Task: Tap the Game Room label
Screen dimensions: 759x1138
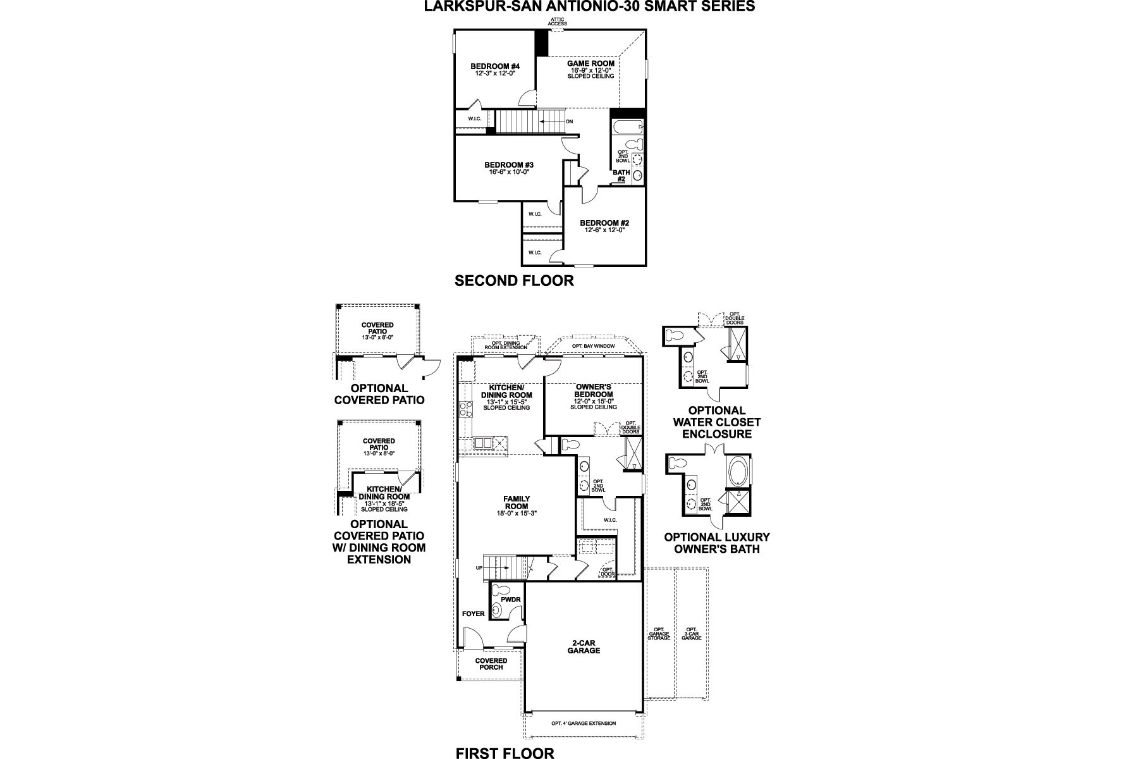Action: pos(590,63)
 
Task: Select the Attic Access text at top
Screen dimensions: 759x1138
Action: pos(558,22)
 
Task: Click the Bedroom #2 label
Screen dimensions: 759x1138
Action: pos(604,223)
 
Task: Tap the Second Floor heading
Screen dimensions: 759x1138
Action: pos(514,281)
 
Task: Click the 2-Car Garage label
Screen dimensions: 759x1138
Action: pos(584,646)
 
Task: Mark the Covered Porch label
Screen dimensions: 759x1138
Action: pos(491,663)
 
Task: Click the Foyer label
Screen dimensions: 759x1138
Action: pos(473,614)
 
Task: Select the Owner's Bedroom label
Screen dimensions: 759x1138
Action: pos(593,390)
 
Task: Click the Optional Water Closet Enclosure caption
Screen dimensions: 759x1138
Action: pos(716,422)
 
